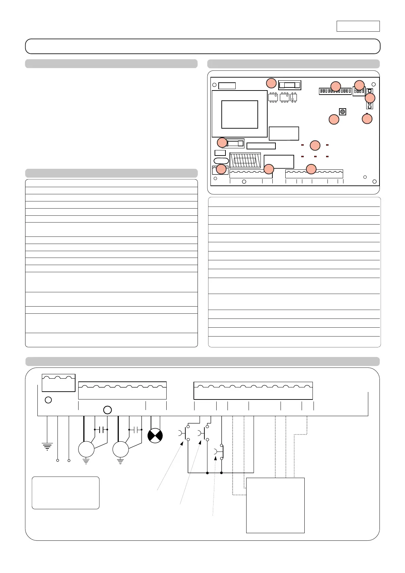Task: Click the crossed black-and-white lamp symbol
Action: (x=155, y=436)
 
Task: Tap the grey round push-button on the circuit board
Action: (x=342, y=112)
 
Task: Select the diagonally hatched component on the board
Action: (x=245, y=160)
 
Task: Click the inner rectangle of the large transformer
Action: (x=240, y=114)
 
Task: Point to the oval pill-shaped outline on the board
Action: (x=221, y=161)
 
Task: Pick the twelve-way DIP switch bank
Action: (x=335, y=91)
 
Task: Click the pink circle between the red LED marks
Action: (x=315, y=145)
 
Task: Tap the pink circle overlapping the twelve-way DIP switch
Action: (x=336, y=86)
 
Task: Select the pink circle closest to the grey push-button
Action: (x=334, y=119)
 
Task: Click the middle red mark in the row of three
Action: (x=315, y=157)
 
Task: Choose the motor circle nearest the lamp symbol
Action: (x=121, y=449)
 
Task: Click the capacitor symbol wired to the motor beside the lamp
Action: (x=135, y=430)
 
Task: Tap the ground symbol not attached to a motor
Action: (x=47, y=446)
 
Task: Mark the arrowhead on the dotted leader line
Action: (x=216, y=458)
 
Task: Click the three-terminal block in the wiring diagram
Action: (x=58, y=383)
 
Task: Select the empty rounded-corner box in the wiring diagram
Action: (x=66, y=493)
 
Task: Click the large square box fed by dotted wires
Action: (x=275, y=505)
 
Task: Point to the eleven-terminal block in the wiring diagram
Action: (x=253, y=391)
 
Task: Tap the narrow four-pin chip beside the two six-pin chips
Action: (x=294, y=97)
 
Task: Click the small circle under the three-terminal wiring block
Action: (x=48, y=400)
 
